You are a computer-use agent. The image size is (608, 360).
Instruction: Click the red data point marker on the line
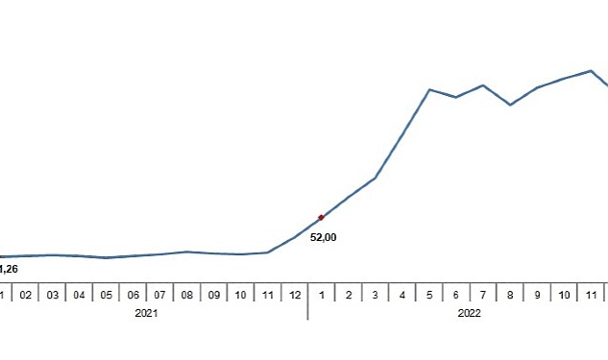click(321, 218)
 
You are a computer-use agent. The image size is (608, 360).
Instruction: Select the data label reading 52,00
click(323, 237)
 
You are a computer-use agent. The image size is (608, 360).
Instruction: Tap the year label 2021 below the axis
click(146, 313)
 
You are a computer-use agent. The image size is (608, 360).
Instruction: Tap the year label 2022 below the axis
click(470, 313)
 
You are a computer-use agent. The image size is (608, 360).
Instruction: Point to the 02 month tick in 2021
click(25, 295)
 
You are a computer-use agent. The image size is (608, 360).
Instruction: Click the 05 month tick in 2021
click(106, 295)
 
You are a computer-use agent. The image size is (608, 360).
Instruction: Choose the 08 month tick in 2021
click(186, 295)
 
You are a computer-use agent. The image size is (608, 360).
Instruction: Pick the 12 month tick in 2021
click(294, 295)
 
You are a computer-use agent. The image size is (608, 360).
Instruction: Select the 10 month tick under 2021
click(240, 295)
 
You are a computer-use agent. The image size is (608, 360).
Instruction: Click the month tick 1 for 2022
click(321, 295)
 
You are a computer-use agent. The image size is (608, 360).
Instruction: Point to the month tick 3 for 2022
click(375, 295)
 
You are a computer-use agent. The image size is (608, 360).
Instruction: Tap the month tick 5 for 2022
click(428, 295)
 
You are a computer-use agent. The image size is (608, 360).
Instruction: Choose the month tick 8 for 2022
click(510, 295)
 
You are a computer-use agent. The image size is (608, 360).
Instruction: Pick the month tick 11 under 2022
click(591, 295)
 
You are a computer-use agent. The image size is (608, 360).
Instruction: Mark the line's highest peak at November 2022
click(591, 70)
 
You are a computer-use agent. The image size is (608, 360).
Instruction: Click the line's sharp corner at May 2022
click(429, 89)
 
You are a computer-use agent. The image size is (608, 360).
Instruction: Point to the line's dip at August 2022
click(510, 105)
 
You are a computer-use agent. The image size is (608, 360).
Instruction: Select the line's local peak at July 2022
click(483, 85)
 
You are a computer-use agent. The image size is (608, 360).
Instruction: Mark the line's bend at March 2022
click(375, 179)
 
